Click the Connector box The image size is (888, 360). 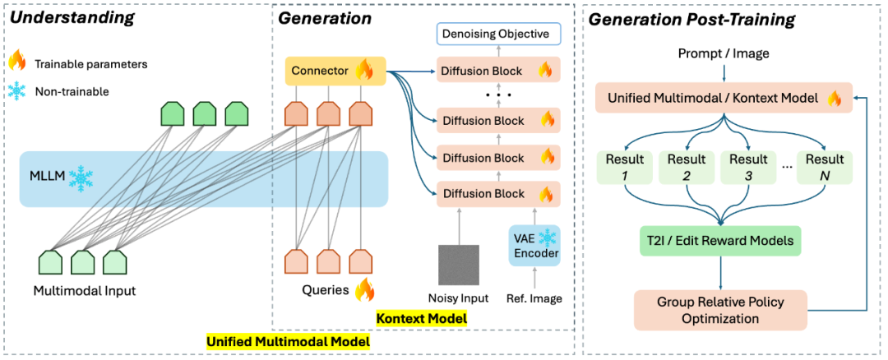point(335,71)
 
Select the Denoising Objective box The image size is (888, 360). point(498,35)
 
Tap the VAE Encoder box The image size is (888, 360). point(534,246)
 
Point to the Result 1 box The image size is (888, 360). point(622,167)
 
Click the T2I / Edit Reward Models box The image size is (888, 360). point(721,241)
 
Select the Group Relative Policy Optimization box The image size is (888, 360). point(720,310)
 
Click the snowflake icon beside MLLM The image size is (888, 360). point(79,178)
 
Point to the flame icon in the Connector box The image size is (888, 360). point(363,71)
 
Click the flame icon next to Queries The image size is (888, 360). point(364,290)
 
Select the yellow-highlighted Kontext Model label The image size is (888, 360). point(421,319)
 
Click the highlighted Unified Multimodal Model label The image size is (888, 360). point(288,341)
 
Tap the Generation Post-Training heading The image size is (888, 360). point(692,21)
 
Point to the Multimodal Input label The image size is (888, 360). point(85,292)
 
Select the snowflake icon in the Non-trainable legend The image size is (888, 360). point(18,91)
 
